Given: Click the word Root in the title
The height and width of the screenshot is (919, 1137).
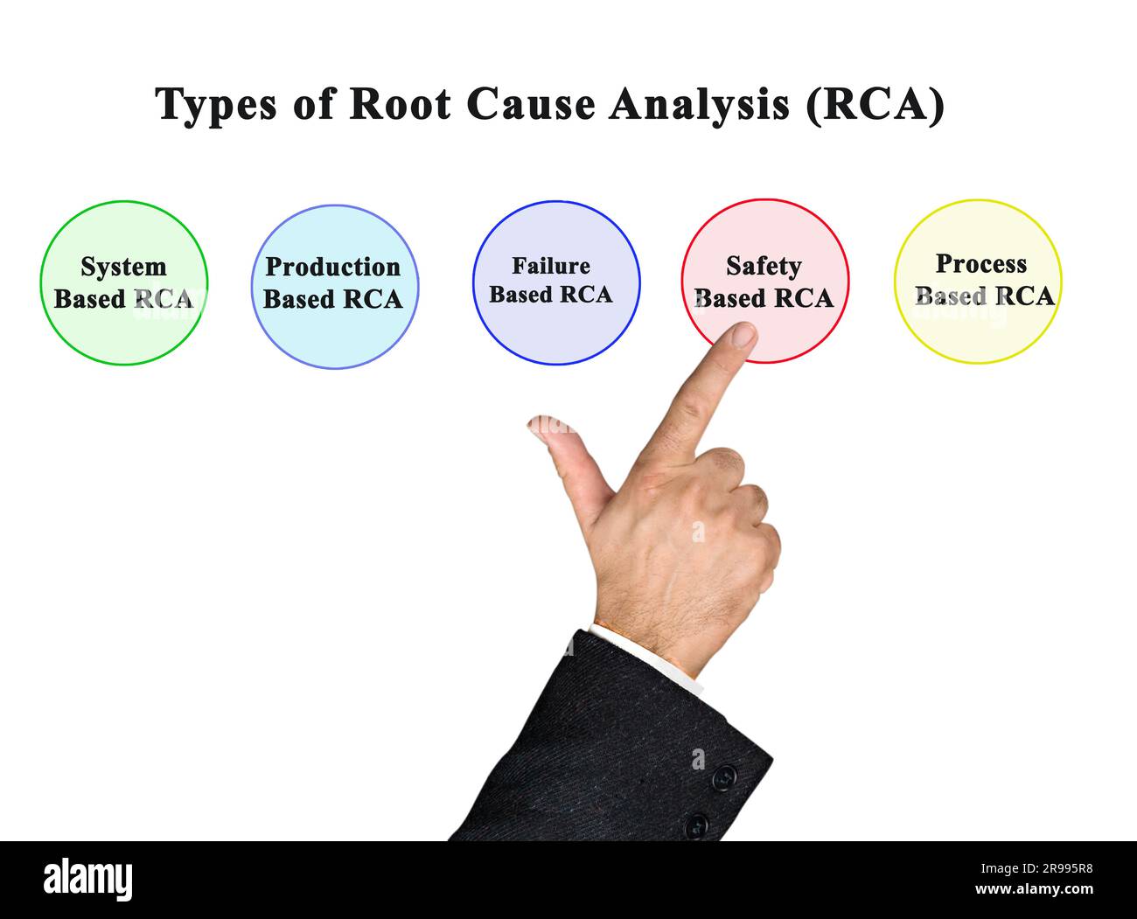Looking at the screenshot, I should click(x=400, y=104).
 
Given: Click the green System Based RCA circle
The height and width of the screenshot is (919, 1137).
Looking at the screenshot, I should click(x=124, y=325).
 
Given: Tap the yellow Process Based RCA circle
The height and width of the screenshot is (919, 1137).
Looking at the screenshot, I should click(x=977, y=328).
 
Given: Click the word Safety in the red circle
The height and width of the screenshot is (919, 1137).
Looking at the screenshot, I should click(x=764, y=266).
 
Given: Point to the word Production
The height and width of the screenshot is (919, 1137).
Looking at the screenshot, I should click(x=332, y=267).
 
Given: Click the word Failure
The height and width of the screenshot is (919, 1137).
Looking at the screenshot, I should click(x=551, y=266).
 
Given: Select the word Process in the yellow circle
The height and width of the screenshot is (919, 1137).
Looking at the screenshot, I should click(x=980, y=263).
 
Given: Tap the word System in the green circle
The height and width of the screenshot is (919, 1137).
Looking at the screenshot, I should click(x=123, y=267).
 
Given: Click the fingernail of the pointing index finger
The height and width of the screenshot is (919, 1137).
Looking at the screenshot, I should click(x=743, y=335).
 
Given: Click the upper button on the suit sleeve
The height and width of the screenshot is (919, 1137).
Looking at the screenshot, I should click(x=723, y=776).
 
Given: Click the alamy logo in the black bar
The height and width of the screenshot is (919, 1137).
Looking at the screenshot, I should click(x=88, y=879).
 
